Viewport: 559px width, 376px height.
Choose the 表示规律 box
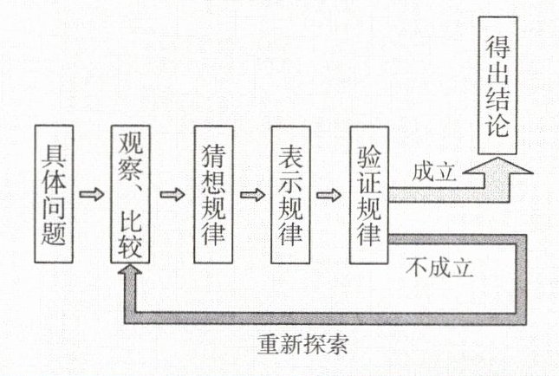point(290,195)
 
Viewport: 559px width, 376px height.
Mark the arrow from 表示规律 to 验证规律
point(328,192)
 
